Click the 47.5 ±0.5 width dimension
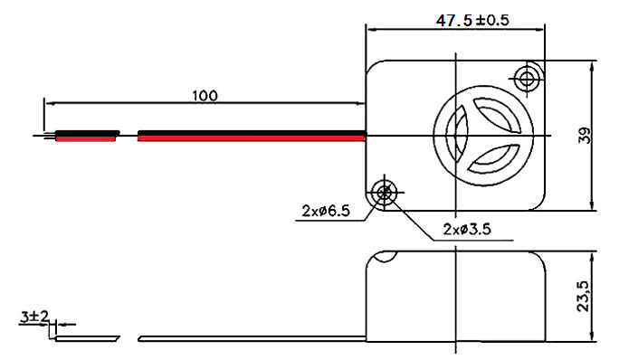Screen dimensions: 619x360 [472, 20]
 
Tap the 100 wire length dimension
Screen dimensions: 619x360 [205, 96]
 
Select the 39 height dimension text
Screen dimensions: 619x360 [586, 136]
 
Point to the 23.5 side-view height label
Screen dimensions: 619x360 [583, 296]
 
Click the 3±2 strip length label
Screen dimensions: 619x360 [34, 317]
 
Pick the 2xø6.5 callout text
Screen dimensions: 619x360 [326, 211]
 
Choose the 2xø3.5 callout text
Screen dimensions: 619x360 [467, 229]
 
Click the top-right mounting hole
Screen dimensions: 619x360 [527, 80]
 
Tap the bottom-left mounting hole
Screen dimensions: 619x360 [384, 193]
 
